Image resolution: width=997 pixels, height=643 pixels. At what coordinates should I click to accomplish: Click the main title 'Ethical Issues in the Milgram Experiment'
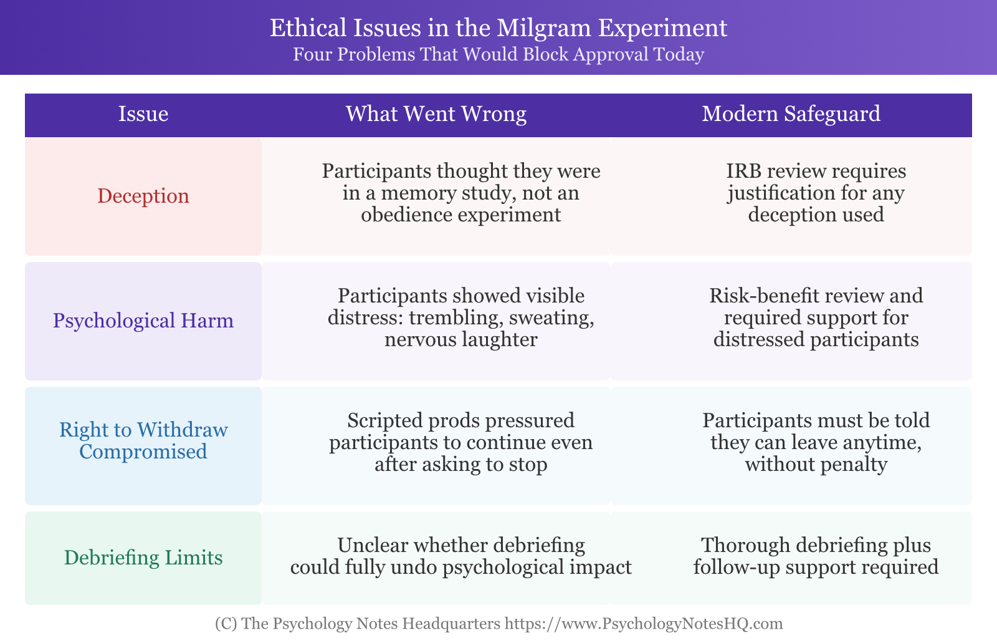coord(499,27)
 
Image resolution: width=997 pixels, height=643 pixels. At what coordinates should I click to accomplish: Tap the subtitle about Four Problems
coord(499,54)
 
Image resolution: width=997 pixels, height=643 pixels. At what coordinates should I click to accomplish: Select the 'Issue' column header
coord(143,114)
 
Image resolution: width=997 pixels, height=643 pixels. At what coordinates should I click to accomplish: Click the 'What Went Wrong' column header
coord(436,114)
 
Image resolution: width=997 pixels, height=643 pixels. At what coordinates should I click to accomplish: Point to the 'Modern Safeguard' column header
coord(791,114)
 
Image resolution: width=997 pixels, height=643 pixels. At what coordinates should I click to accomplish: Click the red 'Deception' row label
coord(143,196)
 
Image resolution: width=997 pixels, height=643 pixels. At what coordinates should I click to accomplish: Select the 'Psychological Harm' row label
coord(143,321)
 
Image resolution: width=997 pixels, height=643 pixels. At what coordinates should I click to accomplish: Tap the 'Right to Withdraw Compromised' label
coord(143,441)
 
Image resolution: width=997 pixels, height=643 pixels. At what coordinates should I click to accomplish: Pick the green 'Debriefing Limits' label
coord(143,558)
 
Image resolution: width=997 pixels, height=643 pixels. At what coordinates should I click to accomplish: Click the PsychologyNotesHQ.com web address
coord(643,624)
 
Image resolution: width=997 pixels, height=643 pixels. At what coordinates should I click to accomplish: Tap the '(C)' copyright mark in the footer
coord(226,624)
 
